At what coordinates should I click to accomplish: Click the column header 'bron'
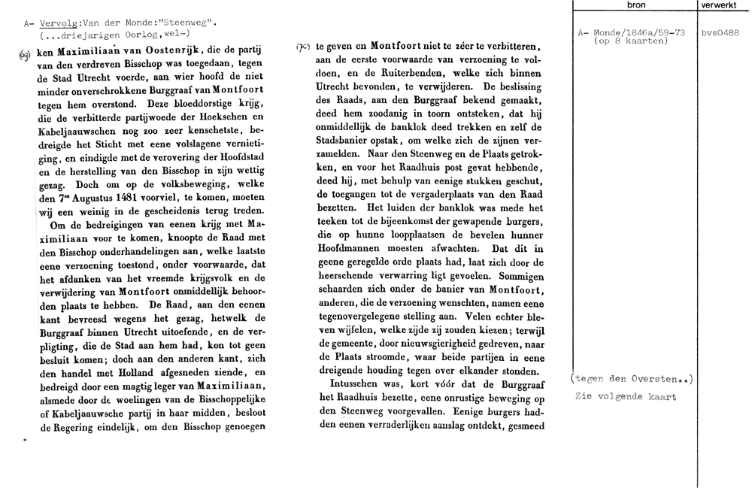click(x=635, y=5)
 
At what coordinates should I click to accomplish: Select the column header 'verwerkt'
click(x=720, y=5)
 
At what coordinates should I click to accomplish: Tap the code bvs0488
click(x=720, y=33)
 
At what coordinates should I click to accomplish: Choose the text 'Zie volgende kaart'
click(x=625, y=396)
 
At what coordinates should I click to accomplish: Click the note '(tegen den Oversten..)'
click(x=632, y=380)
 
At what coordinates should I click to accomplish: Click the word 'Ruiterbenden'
click(x=417, y=74)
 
